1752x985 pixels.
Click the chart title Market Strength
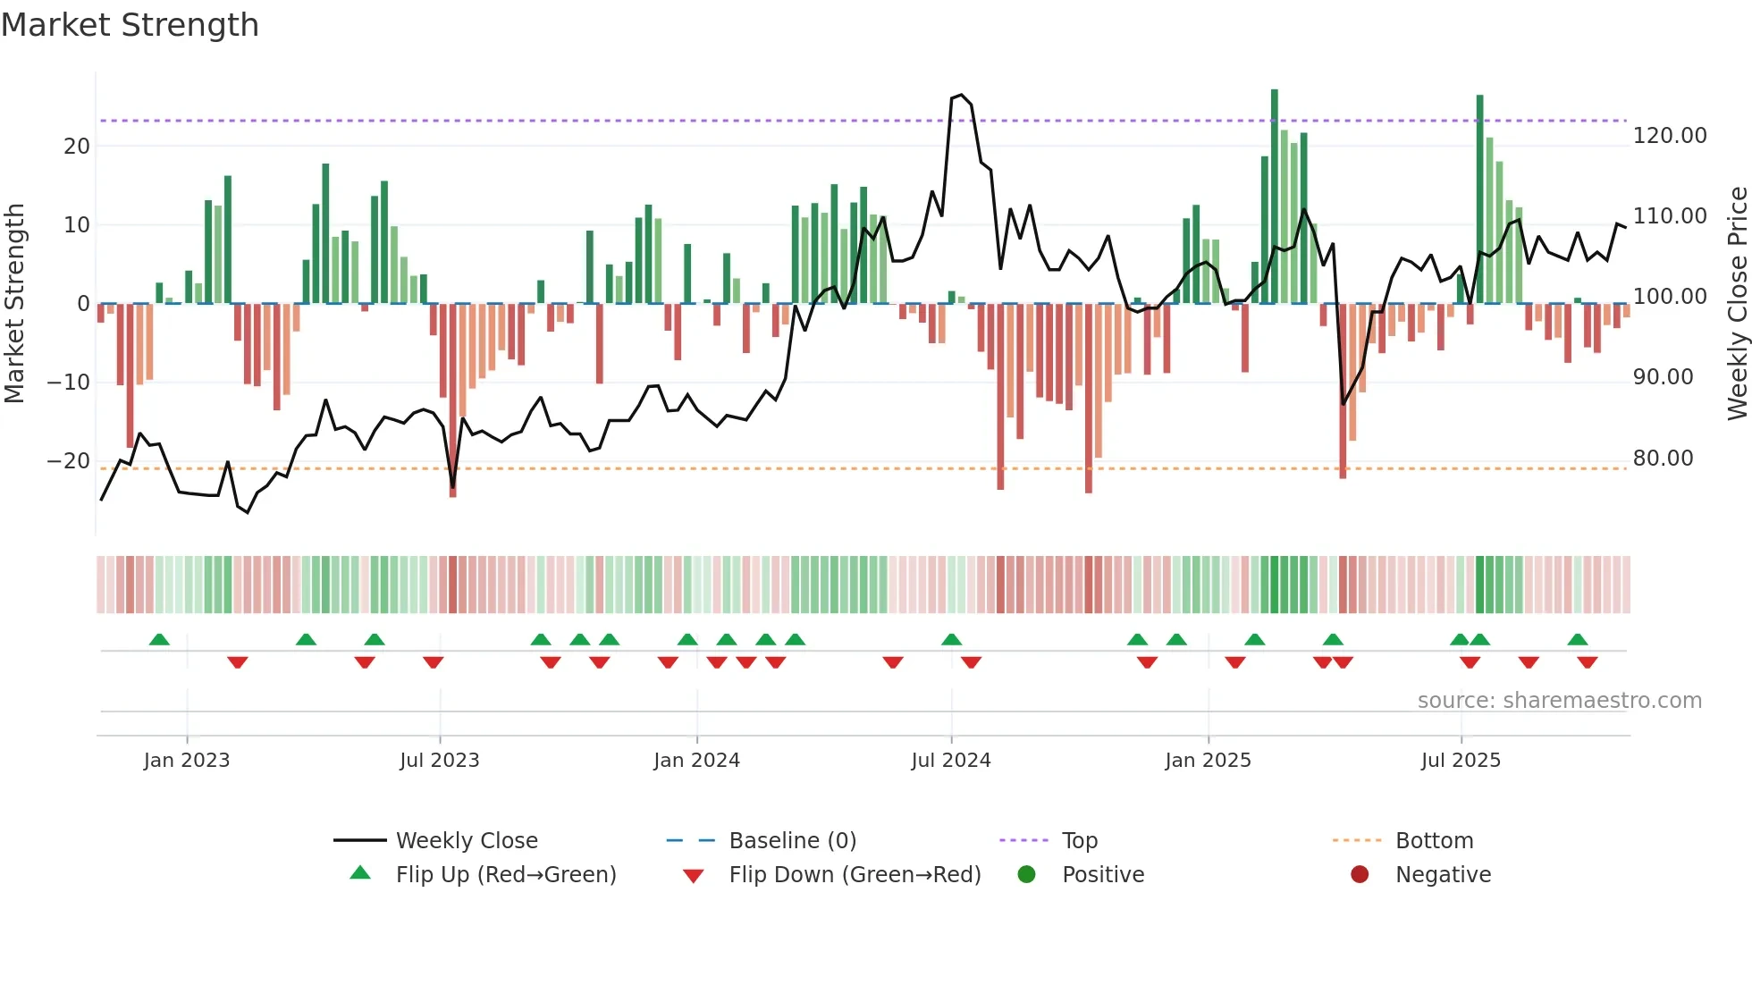(130, 25)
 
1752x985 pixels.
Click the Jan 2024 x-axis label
(696, 761)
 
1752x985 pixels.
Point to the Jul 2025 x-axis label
(1461, 761)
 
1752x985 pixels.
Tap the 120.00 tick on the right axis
(1669, 136)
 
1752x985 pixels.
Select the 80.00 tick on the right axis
(1663, 459)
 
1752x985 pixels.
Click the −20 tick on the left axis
(69, 461)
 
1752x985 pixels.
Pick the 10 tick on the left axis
(77, 225)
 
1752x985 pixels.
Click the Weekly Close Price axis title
(1737, 304)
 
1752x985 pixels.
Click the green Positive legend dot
(1027, 875)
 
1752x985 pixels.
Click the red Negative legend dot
(1360, 875)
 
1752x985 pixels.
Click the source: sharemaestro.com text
(1559, 701)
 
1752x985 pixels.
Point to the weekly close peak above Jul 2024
(961, 95)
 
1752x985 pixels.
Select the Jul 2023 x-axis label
(439, 761)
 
